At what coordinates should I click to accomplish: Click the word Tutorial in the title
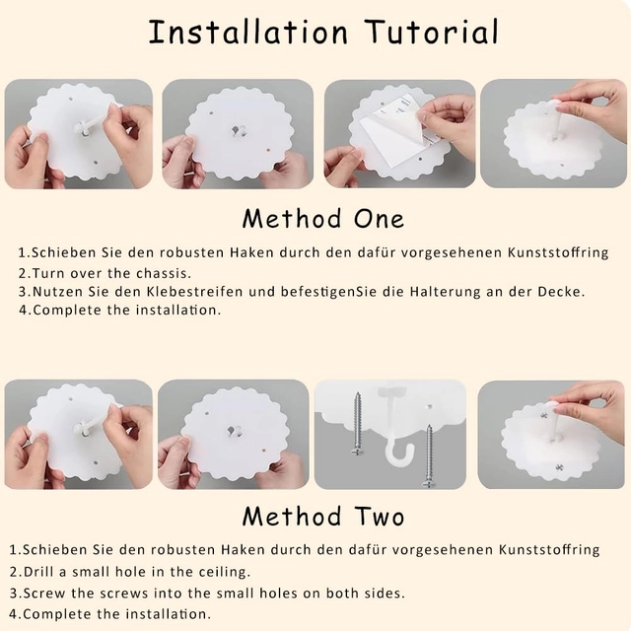click(x=433, y=32)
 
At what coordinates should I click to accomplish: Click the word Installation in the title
click(x=247, y=32)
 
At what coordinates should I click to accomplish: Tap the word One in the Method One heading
click(x=379, y=219)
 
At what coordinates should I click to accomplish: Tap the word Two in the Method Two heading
click(x=380, y=517)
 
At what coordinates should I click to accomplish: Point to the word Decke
click(x=561, y=292)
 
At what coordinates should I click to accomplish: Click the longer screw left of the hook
click(x=357, y=424)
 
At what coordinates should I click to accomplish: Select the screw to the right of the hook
click(x=429, y=456)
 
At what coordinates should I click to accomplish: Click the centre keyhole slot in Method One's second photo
click(x=239, y=130)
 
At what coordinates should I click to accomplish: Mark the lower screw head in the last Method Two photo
click(x=559, y=467)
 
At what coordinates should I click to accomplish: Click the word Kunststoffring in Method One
click(x=558, y=252)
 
